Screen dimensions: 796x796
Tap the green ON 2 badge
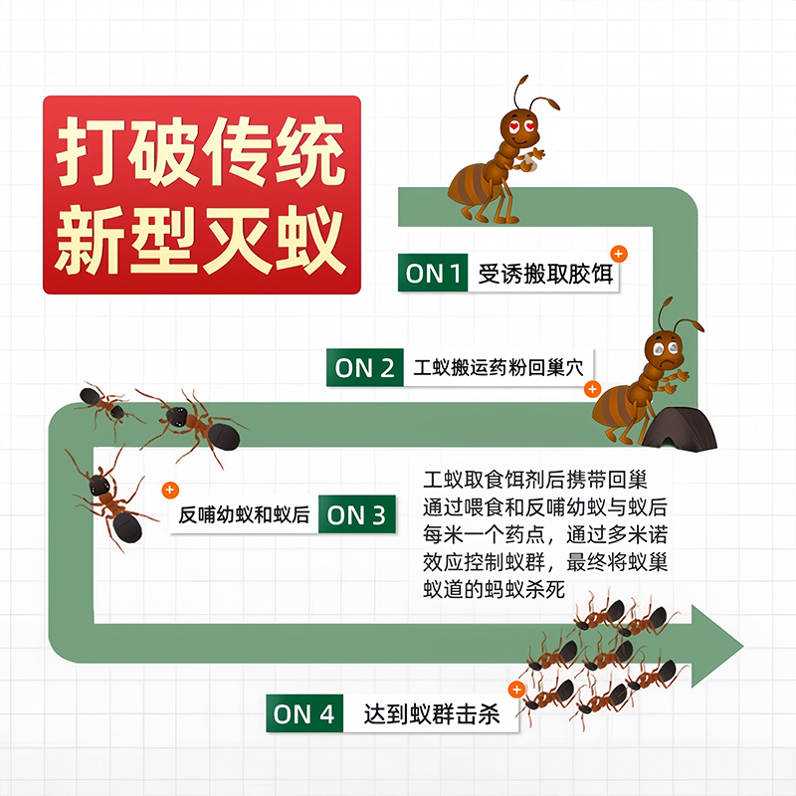click(x=364, y=368)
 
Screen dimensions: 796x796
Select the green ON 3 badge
click(x=356, y=515)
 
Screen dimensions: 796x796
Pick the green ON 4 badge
click(x=305, y=713)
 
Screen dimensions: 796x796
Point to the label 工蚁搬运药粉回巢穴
click(x=497, y=368)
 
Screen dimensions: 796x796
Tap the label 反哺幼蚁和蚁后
click(x=244, y=515)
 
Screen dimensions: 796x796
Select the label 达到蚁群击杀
click(x=431, y=714)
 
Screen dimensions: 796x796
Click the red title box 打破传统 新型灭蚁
click(x=201, y=195)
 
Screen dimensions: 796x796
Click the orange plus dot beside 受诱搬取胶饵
click(x=618, y=254)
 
